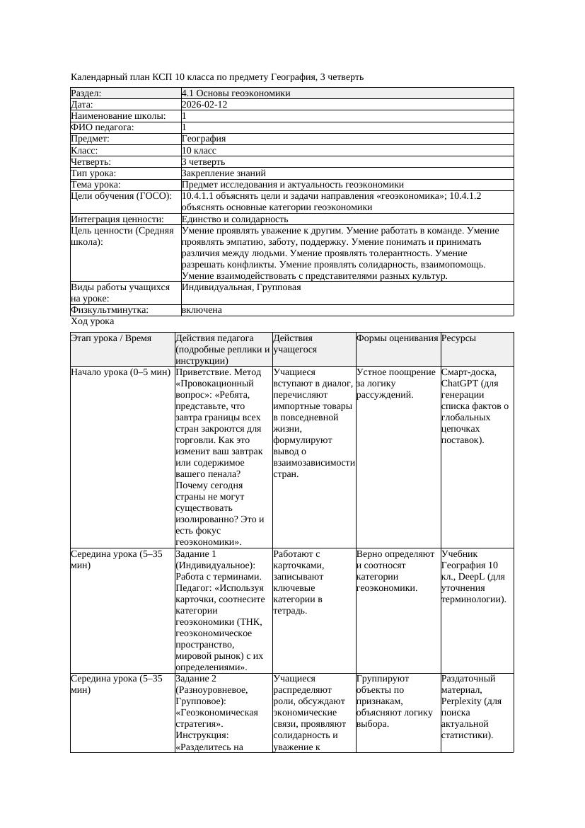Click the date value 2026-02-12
point(204,105)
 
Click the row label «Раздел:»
point(86,93)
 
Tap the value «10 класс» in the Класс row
point(199,151)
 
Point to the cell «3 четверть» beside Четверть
point(203,162)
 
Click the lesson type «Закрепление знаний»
point(224,173)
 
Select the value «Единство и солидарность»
point(235,219)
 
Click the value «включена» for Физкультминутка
point(202,310)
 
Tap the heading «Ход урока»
point(93,321)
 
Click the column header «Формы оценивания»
point(398,338)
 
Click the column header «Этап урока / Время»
point(111,338)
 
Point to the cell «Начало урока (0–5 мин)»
point(121,372)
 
